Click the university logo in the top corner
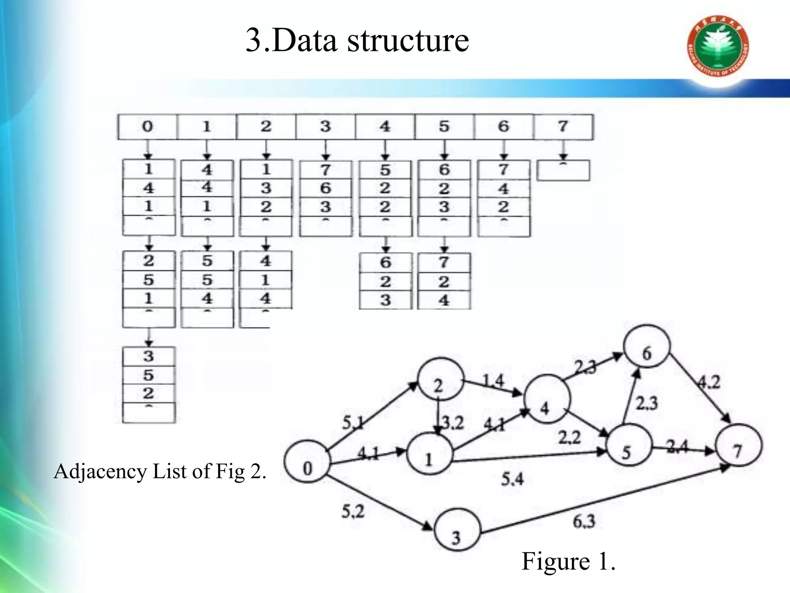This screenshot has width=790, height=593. tap(718, 46)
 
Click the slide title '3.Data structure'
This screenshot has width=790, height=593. tap(357, 41)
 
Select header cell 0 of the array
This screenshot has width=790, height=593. tap(147, 127)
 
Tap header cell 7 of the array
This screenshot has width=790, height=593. tap(563, 127)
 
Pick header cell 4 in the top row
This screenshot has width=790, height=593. tap(385, 127)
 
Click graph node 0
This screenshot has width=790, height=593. tap(307, 461)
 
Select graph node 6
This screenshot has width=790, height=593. tap(647, 346)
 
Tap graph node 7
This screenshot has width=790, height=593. tap(738, 445)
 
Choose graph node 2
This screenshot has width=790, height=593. tap(441, 379)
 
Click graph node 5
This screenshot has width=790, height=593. tap(629, 445)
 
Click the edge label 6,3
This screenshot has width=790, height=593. tap(584, 522)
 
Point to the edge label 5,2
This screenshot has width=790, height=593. tap(353, 512)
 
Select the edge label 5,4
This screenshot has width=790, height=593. tap(512, 479)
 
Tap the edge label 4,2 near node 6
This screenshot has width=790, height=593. tap(709, 382)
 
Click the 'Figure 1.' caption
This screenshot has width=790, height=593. tap(568, 561)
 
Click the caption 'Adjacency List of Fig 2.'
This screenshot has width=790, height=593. tap(160, 471)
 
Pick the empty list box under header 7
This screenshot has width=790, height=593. tap(563, 171)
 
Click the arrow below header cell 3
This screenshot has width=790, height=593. tap(326, 150)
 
